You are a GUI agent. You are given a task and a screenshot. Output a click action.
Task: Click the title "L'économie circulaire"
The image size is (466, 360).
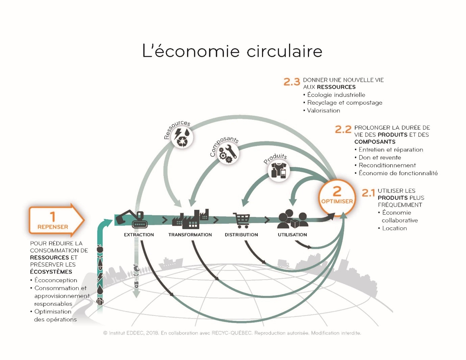click(232, 51)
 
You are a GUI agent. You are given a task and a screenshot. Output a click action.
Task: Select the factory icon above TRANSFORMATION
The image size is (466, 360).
click(190, 219)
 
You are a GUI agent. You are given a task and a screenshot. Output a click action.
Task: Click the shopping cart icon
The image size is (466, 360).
click(241, 221)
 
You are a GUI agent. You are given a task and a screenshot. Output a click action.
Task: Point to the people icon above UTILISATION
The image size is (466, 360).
click(292, 220)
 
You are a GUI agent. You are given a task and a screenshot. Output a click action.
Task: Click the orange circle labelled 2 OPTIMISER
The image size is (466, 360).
click(337, 197)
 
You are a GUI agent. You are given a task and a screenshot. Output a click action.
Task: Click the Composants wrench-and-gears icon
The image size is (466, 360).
click(228, 153)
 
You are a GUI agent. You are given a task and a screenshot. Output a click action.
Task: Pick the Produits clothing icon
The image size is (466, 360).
click(279, 171)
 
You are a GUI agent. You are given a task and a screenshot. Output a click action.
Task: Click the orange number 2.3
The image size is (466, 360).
click(292, 82)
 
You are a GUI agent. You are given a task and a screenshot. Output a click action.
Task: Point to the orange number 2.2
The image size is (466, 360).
click(343, 129)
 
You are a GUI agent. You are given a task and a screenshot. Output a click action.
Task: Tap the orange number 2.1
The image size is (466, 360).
click(368, 193)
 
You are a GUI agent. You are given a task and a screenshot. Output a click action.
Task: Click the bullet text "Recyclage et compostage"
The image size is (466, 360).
click(344, 103)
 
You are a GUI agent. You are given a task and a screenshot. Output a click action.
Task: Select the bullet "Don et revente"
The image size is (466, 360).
click(379, 157)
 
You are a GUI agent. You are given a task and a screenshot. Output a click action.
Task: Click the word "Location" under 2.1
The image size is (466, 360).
click(394, 228)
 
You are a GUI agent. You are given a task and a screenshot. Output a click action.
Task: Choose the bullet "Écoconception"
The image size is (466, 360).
click(55, 280)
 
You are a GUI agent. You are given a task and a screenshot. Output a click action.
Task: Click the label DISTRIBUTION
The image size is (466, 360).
click(241, 235)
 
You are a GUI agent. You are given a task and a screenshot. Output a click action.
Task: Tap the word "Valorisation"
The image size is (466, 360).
click(323, 110)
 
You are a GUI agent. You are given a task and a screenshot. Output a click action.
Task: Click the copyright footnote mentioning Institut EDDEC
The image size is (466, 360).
click(232, 333)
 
